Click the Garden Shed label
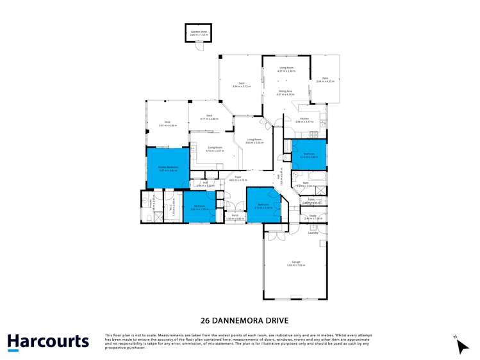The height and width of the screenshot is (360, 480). (197, 30)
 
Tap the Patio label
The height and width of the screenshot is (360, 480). (326, 78)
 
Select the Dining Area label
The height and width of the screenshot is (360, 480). (285, 92)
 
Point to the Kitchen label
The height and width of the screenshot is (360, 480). (305, 119)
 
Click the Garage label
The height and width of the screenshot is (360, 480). (296, 262)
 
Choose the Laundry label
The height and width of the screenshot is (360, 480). (313, 233)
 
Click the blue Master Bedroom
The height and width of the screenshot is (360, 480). (168, 168)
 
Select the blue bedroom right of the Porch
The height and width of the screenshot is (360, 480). (263, 206)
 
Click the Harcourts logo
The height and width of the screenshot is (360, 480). (47, 341)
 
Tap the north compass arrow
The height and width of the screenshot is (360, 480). (462, 345)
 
